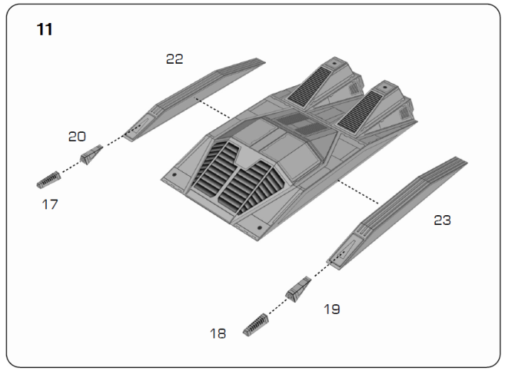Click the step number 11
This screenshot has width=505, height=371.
[45, 29]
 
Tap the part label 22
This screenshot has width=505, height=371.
[175, 59]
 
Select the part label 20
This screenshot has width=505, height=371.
[77, 137]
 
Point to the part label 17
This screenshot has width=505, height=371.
[50, 204]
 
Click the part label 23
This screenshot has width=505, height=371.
[442, 220]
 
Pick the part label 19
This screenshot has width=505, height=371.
[332, 309]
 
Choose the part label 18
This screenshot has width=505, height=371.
[218, 333]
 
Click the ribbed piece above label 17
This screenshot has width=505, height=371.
[48, 180]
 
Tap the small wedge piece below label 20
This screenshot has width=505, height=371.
[91, 154]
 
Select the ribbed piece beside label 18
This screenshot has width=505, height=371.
[255, 325]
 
